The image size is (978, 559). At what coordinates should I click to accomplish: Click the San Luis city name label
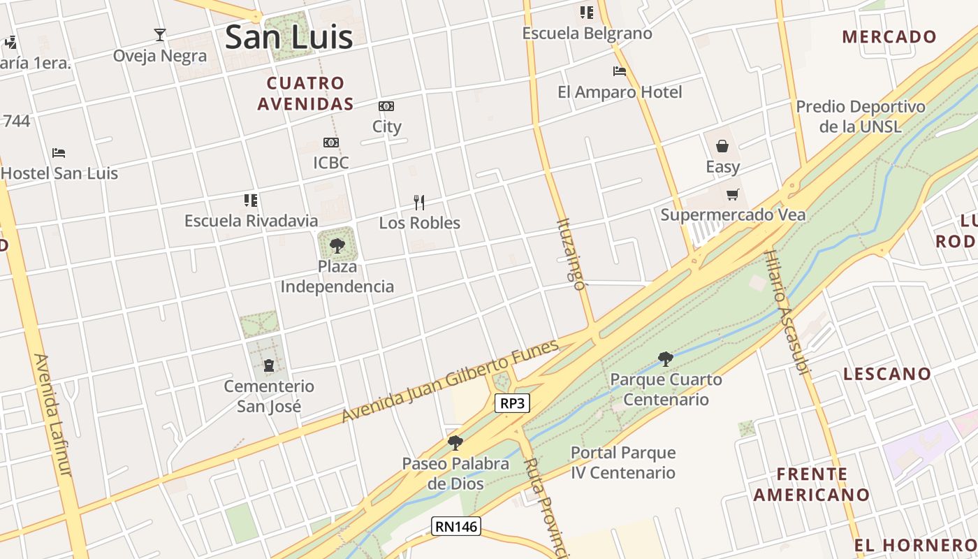point(289,36)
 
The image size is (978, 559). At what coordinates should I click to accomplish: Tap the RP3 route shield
point(512,403)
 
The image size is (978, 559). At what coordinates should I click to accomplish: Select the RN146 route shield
point(456,526)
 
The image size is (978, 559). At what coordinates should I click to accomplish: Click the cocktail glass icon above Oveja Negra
point(160,34)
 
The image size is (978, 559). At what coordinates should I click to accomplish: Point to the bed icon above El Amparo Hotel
point(619,71)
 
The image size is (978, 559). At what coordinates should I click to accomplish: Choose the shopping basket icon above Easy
point(722,146)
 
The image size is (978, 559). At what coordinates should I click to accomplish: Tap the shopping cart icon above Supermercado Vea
point(732,195)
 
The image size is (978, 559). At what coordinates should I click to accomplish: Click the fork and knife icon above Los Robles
point(419,203)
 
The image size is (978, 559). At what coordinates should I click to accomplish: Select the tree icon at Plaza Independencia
point(337,245)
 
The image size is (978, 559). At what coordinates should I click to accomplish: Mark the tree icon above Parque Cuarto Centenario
point(666,359)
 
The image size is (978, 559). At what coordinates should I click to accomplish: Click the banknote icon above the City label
point(386,106)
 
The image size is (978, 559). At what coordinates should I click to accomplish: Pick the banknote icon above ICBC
point(331,143)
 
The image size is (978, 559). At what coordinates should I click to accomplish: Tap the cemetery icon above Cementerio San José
point(269,365)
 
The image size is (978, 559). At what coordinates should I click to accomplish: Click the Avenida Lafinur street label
point(53,415)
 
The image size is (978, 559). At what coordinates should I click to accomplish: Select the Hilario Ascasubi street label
point(787,312)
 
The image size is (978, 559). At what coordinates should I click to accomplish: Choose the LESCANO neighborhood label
point(887,374)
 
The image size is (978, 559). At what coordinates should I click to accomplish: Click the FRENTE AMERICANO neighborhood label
point(812,484)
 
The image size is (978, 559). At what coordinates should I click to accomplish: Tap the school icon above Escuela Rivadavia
point(251,201)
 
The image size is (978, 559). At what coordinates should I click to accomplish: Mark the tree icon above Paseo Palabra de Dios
point(455,442)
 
